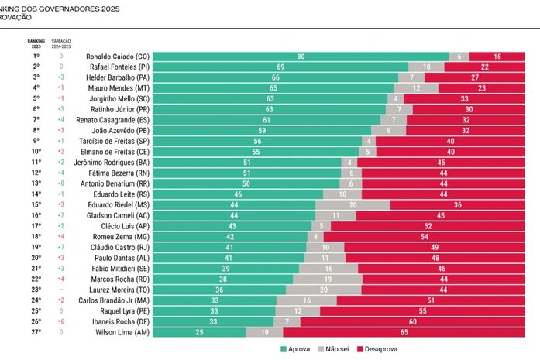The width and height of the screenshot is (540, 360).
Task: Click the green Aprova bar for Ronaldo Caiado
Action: point(301,57)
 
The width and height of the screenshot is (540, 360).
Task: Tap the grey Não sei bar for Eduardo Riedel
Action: point(353,204)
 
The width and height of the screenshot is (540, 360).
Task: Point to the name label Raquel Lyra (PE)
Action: point(127,310)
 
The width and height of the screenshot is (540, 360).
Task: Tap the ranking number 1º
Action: point(36,57)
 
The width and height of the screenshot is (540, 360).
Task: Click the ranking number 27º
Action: point(36,331)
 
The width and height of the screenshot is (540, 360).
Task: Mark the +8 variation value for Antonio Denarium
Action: point(60,183)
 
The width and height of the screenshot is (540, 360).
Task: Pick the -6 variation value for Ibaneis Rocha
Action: point(60,321)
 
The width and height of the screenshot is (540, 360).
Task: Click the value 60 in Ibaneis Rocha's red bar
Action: point(412,321)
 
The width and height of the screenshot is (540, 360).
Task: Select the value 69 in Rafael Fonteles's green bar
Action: point(280,67)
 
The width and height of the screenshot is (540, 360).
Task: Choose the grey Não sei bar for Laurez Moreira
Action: point(322,290)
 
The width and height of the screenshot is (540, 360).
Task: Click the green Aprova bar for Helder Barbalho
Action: point(275,77)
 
